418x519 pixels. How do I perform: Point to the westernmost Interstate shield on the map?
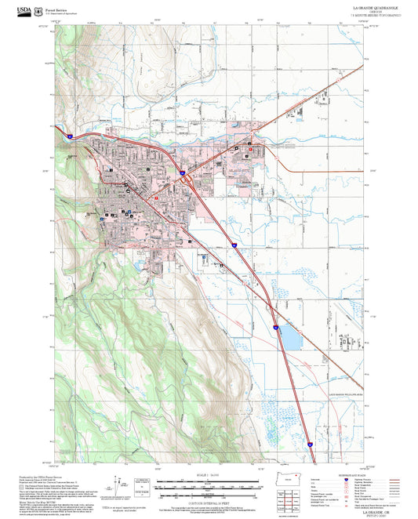(x=69, y=136)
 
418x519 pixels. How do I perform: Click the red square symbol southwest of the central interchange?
(x=156, y=198)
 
